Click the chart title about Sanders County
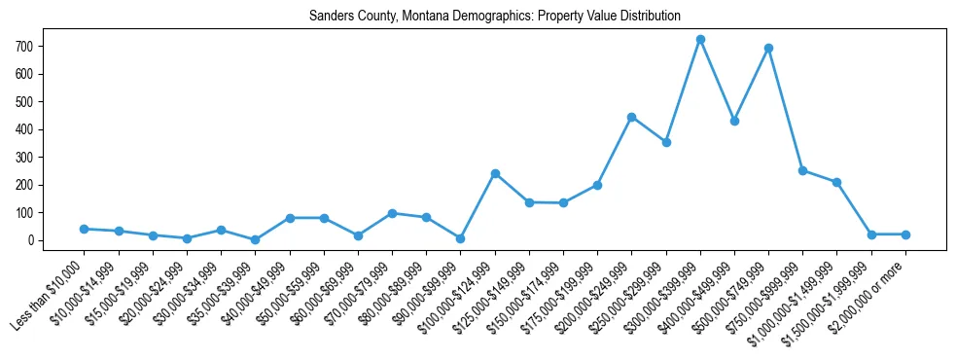pyautogui.click(x=494, y=17)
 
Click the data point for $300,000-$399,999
pyautogui.click(x=700, y=40)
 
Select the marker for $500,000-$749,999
pyautogui.click(x=768, y=48)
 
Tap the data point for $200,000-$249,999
pyautogui.click(x=631, y=117)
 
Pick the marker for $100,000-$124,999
pyautogui.click(x=495, y=173)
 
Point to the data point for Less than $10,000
pyautogui.click(x=84, y=229)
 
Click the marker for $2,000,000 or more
pyautogui.click(x=905, y=234)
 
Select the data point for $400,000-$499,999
pyautogui.click(x=734, y=121)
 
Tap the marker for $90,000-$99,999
pyautogui.click(x=460, y=238)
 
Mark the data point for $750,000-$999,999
pyautogui.click(x=802, y=170)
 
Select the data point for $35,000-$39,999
pyautogui.click(x=255, y=239)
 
